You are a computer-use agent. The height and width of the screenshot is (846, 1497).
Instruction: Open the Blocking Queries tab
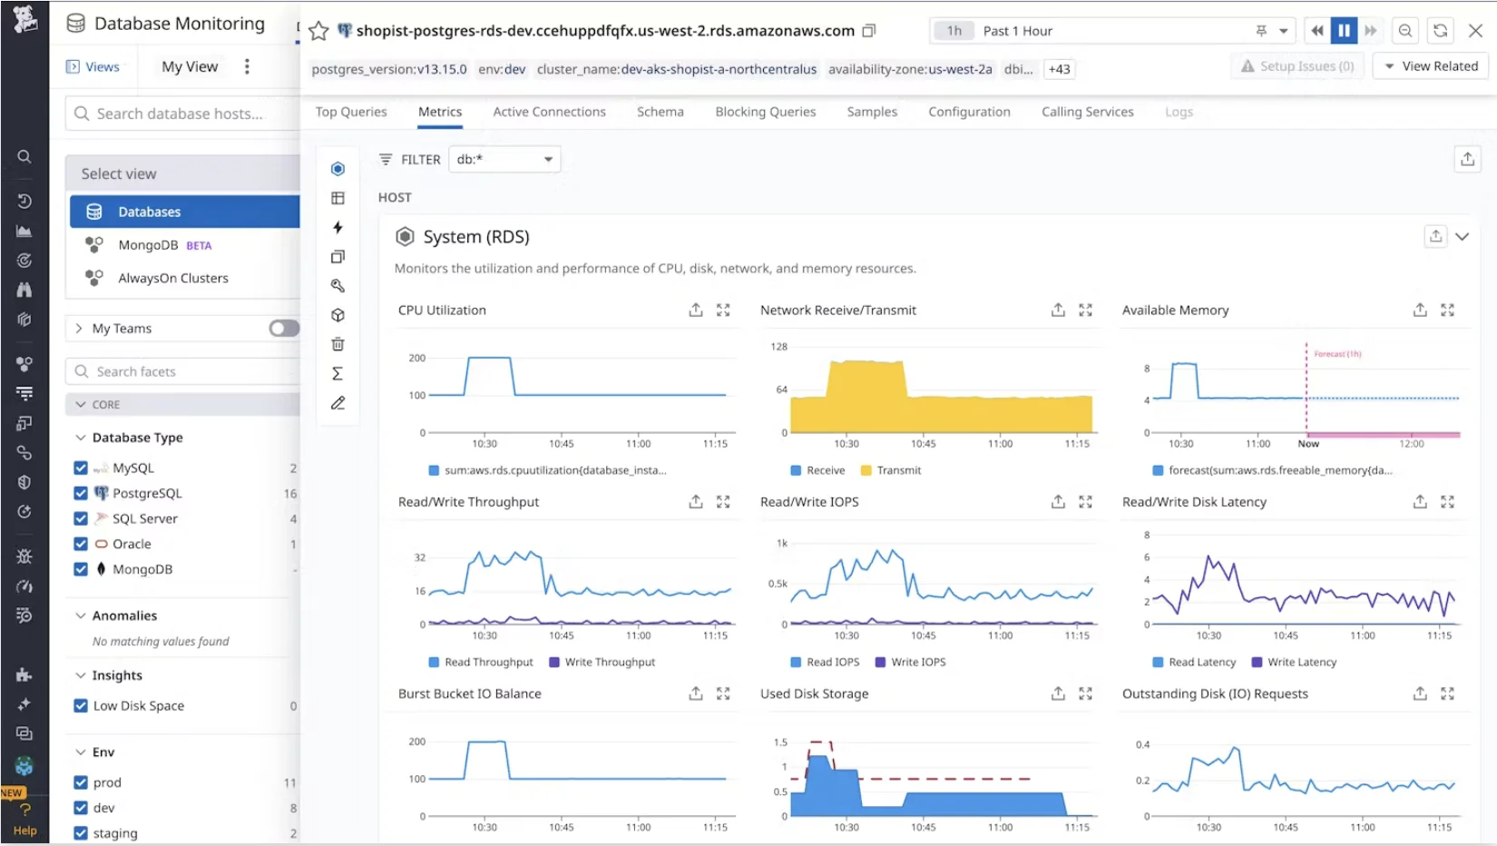[765, 112]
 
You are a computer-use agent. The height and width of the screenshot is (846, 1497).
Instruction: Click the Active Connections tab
[549, 112]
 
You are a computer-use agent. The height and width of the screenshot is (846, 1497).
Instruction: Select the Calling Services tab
[1087, 112]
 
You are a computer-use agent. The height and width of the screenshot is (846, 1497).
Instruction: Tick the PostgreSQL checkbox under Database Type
[81, 493]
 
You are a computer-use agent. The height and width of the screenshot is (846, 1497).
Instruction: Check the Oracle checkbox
[81, 544]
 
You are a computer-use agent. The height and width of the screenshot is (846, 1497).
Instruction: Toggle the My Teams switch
[283, 329]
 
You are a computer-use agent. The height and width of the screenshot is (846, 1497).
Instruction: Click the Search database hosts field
[181, 113]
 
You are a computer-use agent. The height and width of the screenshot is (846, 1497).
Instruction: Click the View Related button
[1431, 66]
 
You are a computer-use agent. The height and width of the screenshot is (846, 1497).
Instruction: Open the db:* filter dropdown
[505, 159]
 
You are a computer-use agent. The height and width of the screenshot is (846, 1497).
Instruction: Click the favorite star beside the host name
[318, 32]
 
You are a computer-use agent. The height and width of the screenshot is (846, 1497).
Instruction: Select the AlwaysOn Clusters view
[172, 278]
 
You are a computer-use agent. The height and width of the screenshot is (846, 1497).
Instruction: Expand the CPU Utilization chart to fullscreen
[723, 310]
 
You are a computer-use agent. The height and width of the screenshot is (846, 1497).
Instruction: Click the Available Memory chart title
[1175, 310]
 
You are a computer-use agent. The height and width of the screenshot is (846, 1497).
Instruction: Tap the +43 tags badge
[1059, 69]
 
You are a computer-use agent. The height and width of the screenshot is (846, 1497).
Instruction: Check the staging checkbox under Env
[81, 833]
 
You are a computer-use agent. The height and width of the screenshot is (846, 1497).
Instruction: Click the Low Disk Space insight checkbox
[81, 705]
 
